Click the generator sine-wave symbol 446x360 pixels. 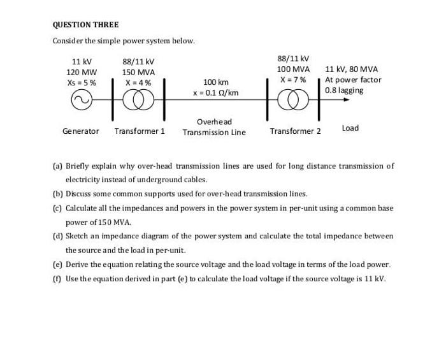(82, 101)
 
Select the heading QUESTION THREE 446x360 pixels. (85, 25)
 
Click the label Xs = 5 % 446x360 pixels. (82, 82)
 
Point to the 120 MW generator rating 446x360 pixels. (82, 72)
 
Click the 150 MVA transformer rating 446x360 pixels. (138, 72)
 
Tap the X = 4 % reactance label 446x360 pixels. (138, 82)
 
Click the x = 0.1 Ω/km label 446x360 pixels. (215, 92)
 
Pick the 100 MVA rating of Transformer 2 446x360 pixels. (293, 69)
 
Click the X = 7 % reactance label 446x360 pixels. (293, 80)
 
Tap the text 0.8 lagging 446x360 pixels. (344, 90)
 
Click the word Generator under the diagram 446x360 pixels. (81, 131)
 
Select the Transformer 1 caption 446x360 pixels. (140, 131)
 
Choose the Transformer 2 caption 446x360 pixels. (295, 131)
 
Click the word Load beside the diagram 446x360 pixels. (350, 128)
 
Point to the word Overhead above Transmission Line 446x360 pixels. (214, 122)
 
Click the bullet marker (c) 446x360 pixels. (57, 208)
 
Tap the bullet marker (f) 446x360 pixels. (56, 278)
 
